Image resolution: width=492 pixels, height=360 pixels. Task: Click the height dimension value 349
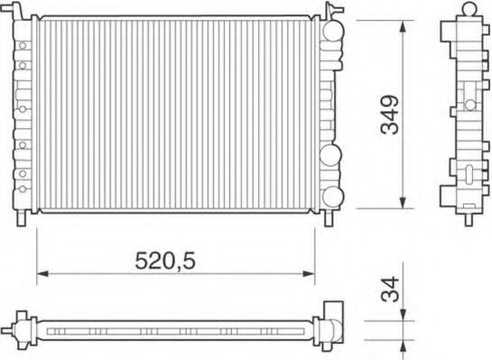[x=390, y=115]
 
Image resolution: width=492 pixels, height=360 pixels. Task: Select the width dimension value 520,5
[x=165, y=261]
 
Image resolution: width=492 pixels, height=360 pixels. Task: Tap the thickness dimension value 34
[x=390, y=289]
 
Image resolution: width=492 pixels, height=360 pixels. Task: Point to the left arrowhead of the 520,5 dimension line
[x=42, y=273]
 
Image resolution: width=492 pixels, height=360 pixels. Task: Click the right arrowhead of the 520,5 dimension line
[x=309, y=273]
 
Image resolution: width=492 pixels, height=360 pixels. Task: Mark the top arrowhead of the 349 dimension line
[x=404, y=26]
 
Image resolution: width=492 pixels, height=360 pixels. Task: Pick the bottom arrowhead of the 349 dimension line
[x=404, y=202]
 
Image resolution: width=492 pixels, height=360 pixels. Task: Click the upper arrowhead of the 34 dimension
[x=404, y=315]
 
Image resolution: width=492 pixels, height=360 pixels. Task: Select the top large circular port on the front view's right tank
[x=332, y=31]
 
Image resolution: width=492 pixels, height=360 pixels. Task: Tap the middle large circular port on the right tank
[x=330, y=155]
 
